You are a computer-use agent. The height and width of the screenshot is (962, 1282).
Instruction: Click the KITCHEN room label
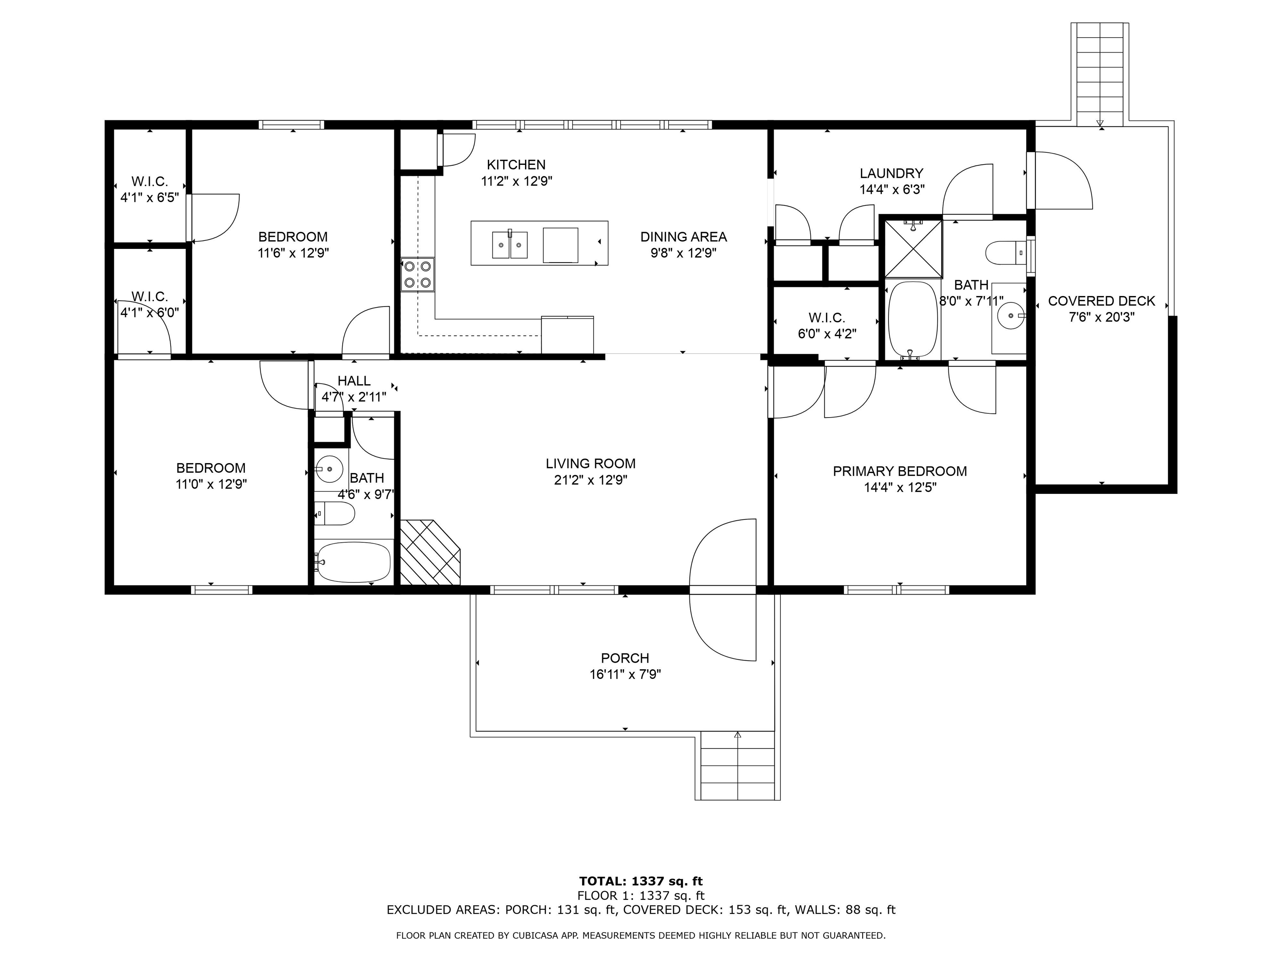516,165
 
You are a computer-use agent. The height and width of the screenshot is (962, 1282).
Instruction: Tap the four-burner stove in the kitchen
417,274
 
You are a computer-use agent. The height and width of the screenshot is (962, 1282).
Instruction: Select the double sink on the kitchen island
510,244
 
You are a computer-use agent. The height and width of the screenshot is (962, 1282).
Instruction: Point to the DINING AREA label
683,237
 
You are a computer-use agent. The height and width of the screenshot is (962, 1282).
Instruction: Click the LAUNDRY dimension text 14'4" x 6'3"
892,189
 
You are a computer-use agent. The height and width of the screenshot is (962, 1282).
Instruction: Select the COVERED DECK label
1101,301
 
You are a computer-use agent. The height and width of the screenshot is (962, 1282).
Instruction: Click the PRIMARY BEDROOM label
899,471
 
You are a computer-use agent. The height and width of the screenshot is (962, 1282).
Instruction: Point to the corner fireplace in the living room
430,552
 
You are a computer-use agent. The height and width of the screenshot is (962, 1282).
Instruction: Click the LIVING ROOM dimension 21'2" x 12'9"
591,480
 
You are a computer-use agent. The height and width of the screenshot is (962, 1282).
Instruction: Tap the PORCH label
625,658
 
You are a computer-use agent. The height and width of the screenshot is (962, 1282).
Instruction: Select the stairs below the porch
737,765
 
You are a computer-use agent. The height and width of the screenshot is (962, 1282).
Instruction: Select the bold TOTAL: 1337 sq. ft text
641,881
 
